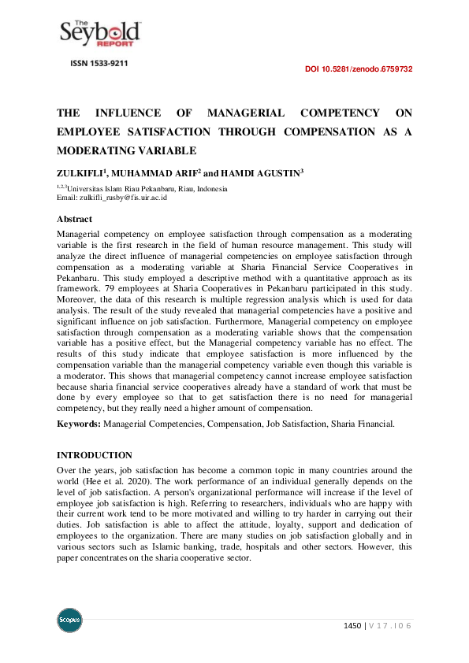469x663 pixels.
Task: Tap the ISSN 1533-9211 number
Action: coord(99,63)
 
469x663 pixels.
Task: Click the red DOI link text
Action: coord(359,69)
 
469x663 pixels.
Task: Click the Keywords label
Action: coord(78,424)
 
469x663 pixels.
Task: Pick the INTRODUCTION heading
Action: coord(95,455)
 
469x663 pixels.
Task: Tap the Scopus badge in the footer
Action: coord(69,621)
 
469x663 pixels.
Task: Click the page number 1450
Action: coord(352,625)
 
